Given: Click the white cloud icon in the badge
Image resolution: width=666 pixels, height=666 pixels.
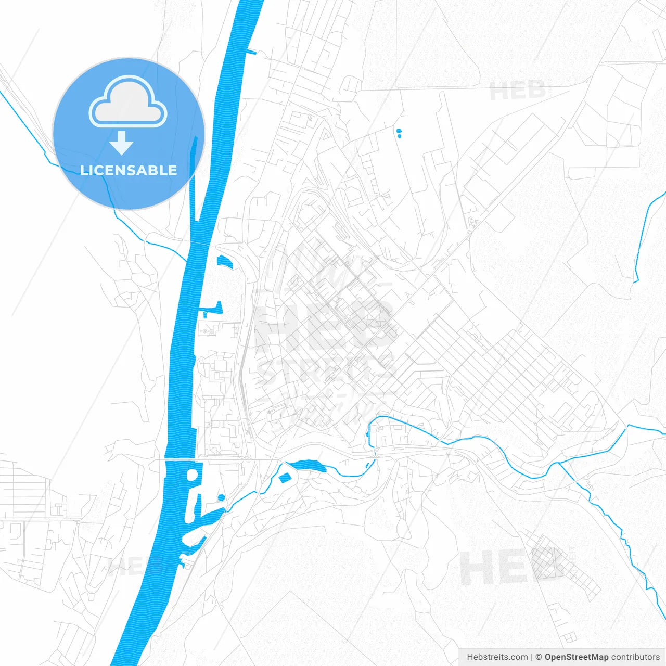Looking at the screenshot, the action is tap(128, 102).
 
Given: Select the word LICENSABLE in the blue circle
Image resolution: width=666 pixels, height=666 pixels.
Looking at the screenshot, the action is tap(129, 170).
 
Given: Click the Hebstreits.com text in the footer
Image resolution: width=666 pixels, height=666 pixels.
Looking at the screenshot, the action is tap(497, 657).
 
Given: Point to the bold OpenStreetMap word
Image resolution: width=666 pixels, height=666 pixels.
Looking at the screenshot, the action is tap(576, 657).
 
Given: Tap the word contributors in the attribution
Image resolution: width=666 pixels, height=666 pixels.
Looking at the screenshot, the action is tap(635, 657).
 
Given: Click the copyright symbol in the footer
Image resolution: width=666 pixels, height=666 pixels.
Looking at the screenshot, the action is tap(539, 657).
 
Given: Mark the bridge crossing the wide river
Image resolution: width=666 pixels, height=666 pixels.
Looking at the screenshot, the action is tap(180, 459).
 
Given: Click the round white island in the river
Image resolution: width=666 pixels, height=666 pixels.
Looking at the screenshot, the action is tap(191, 475).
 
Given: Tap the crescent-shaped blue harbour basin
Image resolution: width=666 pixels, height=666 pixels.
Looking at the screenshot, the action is tap(224, 261).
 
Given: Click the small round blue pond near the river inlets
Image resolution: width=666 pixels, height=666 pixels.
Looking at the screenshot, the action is tap(221, 497).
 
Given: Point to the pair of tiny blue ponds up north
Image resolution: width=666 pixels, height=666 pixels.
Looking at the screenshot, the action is tap(399, 133).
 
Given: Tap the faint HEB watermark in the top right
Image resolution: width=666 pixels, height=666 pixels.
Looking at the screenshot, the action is tap(518, 92).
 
